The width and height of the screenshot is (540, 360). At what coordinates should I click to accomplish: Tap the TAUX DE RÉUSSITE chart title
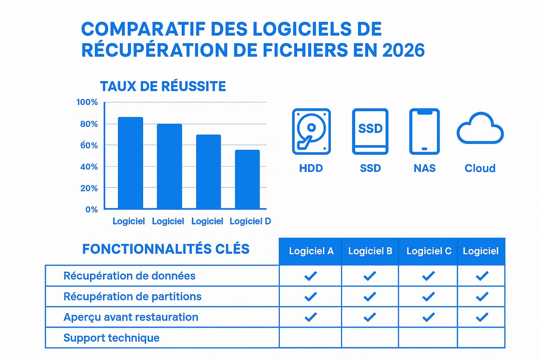pyautogui.click(x=163, y=86)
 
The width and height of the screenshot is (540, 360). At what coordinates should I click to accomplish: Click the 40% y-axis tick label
pyautogui.click(x=89, y=166)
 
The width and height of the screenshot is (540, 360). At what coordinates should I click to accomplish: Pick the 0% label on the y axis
pyautogui.click(x=91, y=209)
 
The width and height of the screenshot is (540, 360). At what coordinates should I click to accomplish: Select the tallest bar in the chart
pyautogui.click(x=130, y=163)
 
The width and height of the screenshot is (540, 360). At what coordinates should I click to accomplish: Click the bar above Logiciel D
pyautogui.click(x=247, y=180)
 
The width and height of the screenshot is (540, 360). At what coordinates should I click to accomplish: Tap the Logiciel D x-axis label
pyautogui.click(x=250, y=221)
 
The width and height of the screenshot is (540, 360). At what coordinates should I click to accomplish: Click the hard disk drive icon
pyautogui.click(x=311, y=131)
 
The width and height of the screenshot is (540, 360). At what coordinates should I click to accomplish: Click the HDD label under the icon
pyautogui.click(x=311, y=168)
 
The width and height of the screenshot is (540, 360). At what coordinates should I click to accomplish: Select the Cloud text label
pyautogui.click(x=480, y=168)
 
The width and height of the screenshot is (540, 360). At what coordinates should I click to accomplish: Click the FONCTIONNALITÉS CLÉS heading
pyautogui.click(x=166, y=249)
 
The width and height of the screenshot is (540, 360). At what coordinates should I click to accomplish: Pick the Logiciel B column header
pyautogui.click(x=370, y=251)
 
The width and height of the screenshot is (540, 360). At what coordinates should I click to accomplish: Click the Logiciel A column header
pyautogui.click(x=311, y=251)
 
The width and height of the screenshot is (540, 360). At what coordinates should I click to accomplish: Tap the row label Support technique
pyautogui.click(x=112, y=337)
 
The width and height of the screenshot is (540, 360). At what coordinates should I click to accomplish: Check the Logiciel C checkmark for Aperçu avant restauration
pyautogui.click(x=428, y=317)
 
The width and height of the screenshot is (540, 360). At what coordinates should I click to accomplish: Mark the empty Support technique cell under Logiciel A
pyautogui.click(x=310, y=337)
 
